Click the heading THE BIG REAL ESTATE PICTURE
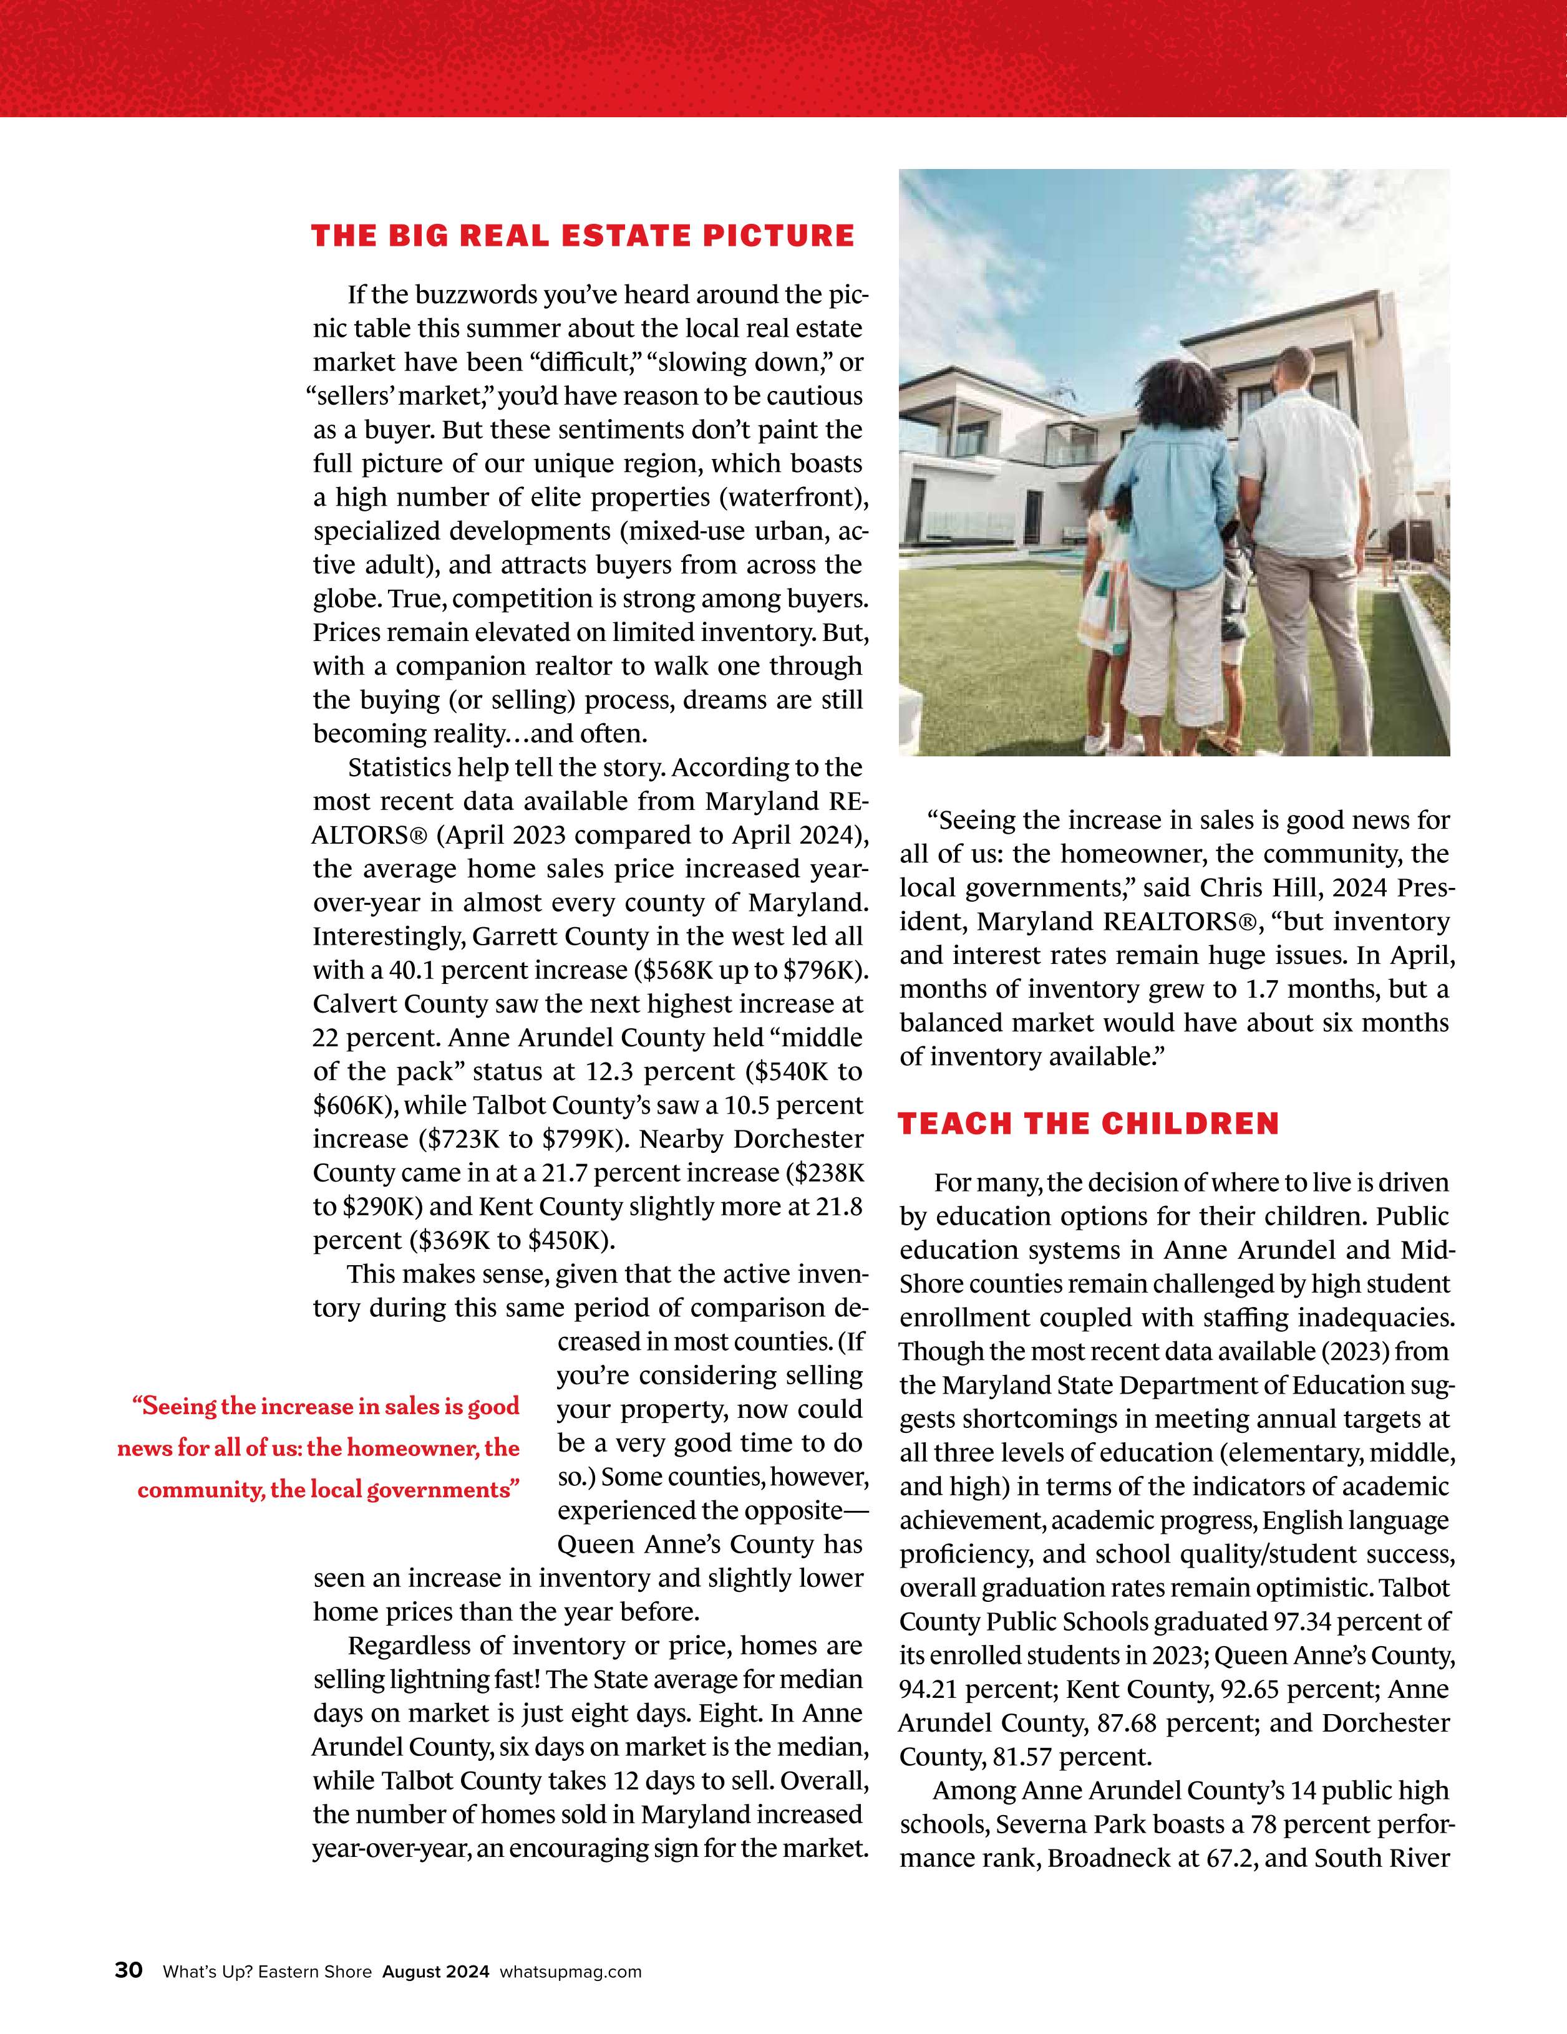[582, 236]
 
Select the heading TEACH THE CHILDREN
[1088, 1124]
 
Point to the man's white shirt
[1304, 475]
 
